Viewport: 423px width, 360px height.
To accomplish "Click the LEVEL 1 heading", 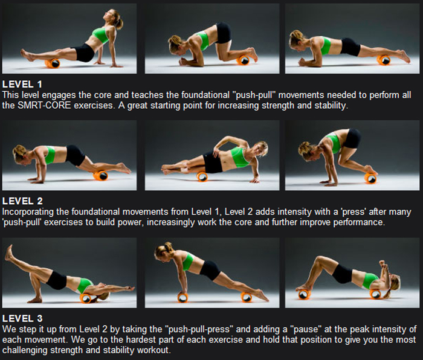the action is pyautogui.click(x=22, y=84).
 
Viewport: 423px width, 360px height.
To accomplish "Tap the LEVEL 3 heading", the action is pyautogui.click(x=22, y=318).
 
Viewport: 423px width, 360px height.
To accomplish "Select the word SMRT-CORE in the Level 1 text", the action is pyautogui.click(x=44, y=105).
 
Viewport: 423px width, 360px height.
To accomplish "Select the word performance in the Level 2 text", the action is pyautogui.click(x=359, y=222).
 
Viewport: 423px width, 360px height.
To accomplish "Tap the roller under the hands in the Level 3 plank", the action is pyautogui.click(x=182, y=297).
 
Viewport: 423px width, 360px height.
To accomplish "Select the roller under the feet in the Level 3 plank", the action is pyautogui.click(x=247, y=297).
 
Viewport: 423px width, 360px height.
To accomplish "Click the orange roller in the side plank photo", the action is pyautogui.click(x=202, y=176).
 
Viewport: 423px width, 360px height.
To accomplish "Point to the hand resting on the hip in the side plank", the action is pyautogui.click(x=216, y=152).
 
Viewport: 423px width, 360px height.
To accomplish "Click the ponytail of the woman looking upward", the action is pyautogui.click(x=118, y=22).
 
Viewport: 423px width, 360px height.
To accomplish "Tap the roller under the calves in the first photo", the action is pyautogui.click(x=53, y=63).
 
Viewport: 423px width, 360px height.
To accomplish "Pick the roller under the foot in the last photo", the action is pyautogui.click(x=305, y=294).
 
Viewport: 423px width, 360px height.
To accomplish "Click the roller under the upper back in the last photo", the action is pyautogui.click(x=375, y=294).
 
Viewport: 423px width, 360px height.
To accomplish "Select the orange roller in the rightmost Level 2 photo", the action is pyautogui.click(x=370, y=178).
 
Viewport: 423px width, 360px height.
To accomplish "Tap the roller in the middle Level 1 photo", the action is pyautogui.click(x=244, y=60).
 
